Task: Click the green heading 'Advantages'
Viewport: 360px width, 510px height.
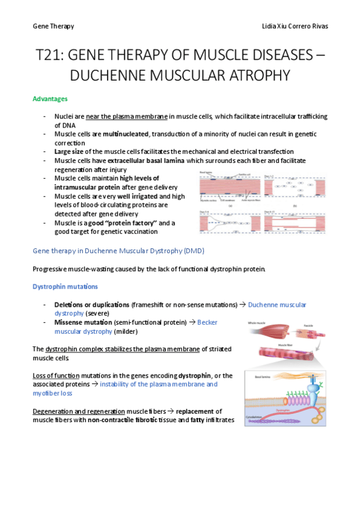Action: pyautogui.click(x=50, y=99)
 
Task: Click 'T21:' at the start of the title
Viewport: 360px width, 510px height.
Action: pyautogui.click(x=50, y=55)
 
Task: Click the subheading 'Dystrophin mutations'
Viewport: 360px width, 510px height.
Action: pyautogui.click(x=65, y=287)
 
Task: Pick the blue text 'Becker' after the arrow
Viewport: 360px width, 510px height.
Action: pyautogui.click(x=207, y=323)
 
